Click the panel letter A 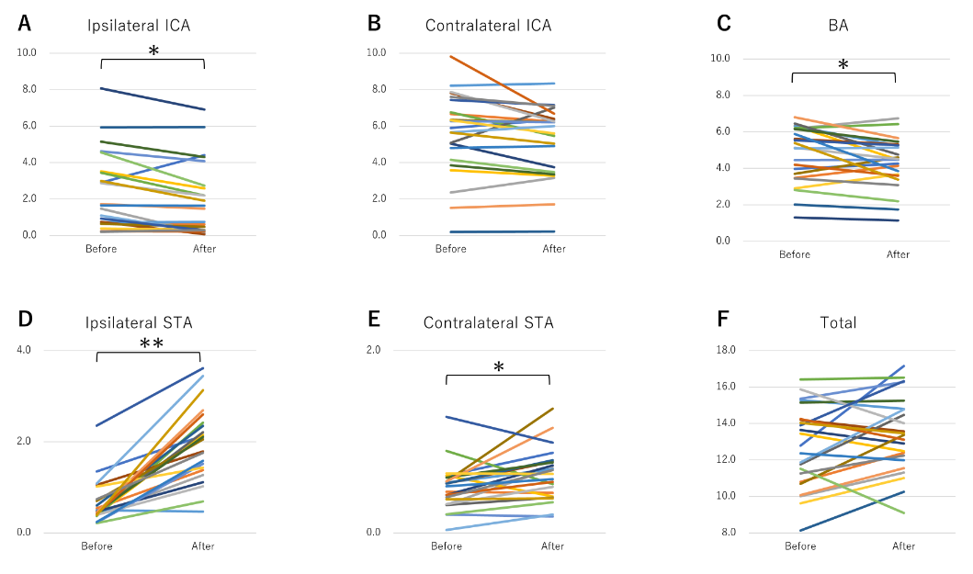(25, 24)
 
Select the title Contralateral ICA (488, 26)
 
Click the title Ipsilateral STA (140, 322)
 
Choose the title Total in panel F (837, 322)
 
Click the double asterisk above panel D (152, 343)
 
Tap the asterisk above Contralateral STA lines (498, 367)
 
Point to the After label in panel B (554, 249)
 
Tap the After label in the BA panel (898, 254)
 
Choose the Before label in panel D (96, 546)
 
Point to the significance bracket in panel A (152, 62)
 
